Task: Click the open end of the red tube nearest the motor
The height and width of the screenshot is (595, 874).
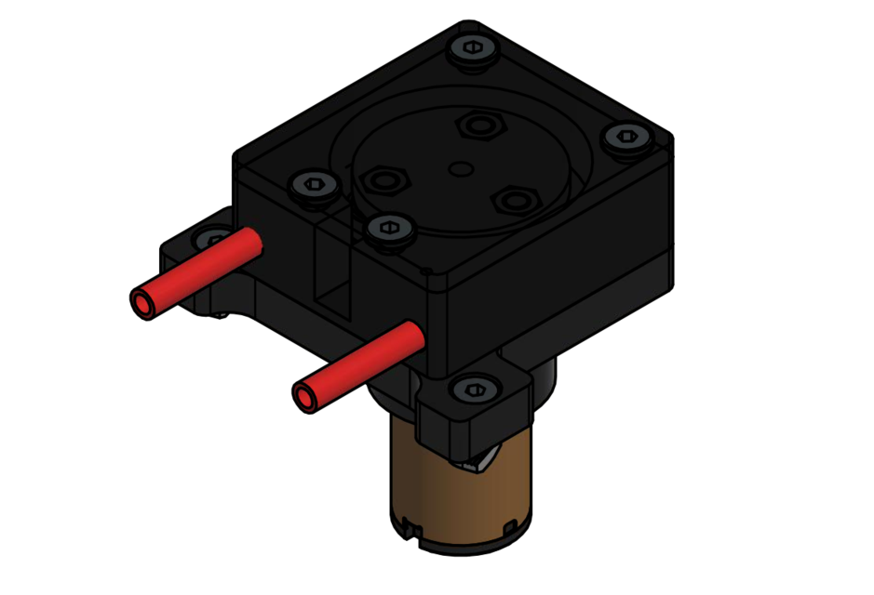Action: tap(304, 397)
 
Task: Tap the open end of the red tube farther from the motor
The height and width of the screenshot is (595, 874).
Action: tap(141, 303)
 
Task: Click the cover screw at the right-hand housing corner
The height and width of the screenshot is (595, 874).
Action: tap(622, 139)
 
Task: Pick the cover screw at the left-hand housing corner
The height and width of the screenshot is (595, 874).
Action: tap(314, 185)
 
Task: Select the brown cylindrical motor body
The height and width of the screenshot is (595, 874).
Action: tap(456, 493)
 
